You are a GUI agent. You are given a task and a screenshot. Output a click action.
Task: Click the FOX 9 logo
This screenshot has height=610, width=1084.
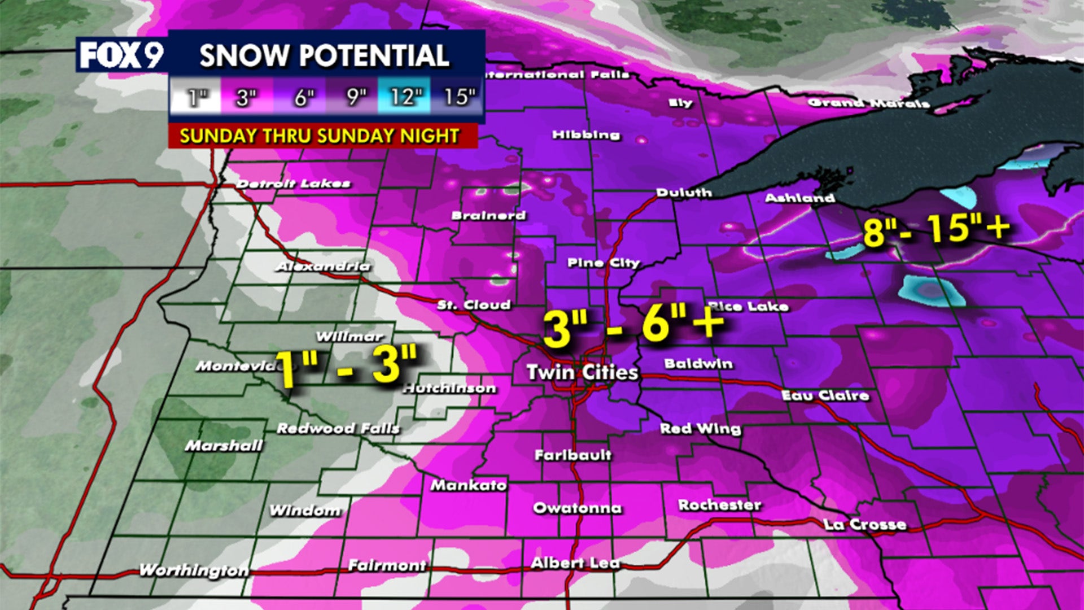121,55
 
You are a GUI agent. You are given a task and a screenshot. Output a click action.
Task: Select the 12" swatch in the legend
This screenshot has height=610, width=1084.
405,97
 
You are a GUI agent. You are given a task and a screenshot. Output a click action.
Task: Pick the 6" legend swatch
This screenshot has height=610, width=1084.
303,97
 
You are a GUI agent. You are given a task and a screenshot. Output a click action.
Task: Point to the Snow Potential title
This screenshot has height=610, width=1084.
324,55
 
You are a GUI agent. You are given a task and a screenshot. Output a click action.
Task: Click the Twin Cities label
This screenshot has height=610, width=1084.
582,372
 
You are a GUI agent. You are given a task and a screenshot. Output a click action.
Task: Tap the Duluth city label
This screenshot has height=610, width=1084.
684,193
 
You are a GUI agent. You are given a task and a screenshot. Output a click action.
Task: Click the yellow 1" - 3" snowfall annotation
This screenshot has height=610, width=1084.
346,367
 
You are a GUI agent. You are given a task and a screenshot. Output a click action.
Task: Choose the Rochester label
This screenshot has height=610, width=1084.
719,504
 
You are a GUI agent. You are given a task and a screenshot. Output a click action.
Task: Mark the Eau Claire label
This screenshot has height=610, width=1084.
825,395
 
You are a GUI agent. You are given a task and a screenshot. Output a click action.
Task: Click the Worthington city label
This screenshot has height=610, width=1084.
194,570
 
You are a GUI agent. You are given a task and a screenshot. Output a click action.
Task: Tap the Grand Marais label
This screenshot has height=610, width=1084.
868,103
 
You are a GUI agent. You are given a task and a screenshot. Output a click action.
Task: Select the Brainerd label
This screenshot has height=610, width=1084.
488,215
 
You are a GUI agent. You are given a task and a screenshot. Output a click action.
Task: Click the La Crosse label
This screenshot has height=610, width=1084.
865,525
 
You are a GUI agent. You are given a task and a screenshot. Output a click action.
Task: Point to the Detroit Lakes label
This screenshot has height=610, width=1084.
293,184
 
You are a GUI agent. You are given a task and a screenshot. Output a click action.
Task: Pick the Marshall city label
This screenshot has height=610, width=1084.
224,446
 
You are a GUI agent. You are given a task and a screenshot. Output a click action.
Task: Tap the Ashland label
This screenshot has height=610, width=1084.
799,198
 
